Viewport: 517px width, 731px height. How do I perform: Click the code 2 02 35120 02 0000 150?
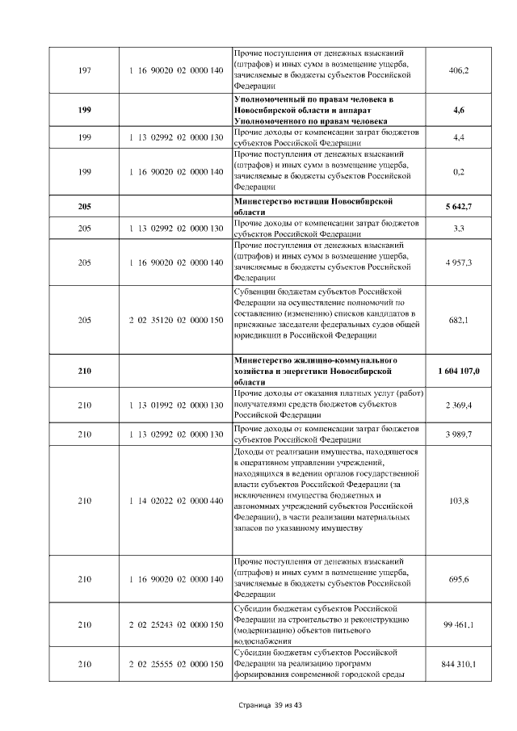click(175, 319)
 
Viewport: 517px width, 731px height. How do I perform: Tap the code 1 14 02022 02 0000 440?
click(175, 501)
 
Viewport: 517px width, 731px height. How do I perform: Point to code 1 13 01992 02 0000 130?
click(175, 405)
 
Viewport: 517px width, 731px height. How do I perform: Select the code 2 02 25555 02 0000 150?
click(175, 664)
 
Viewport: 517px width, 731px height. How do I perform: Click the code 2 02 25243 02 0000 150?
click(175, 624)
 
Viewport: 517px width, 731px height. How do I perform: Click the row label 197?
click(84, 71)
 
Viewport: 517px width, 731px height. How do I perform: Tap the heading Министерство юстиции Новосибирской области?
click(313, 207)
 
